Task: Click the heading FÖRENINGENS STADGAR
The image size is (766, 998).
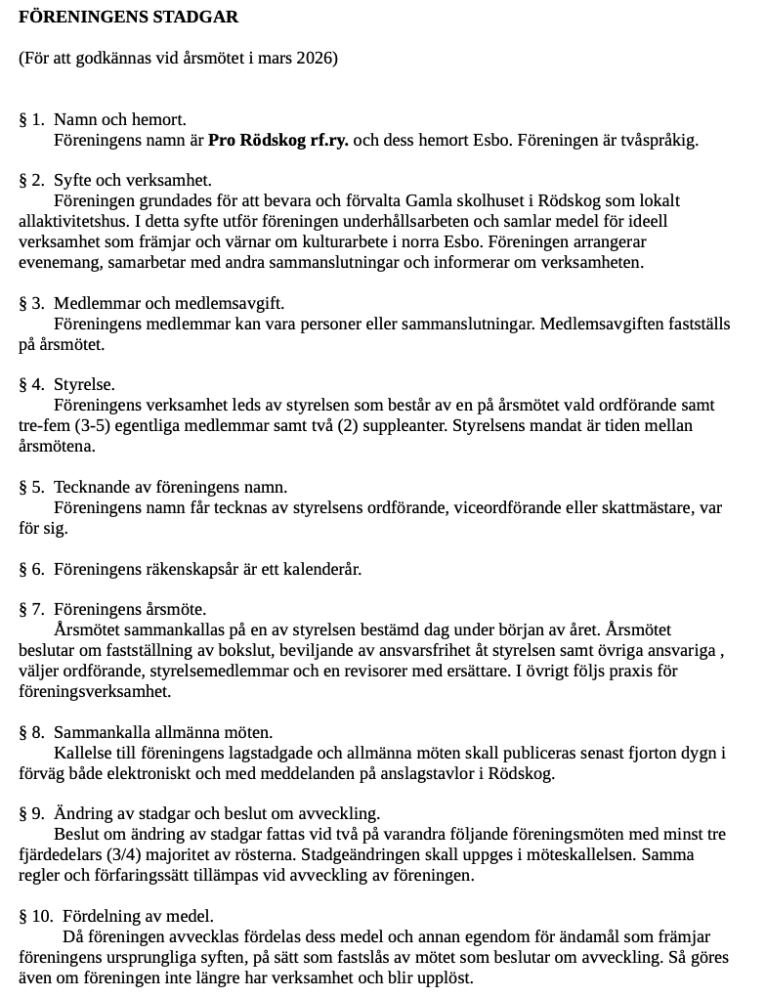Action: (128, 18)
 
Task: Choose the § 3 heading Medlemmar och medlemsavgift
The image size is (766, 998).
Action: (169, 304)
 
